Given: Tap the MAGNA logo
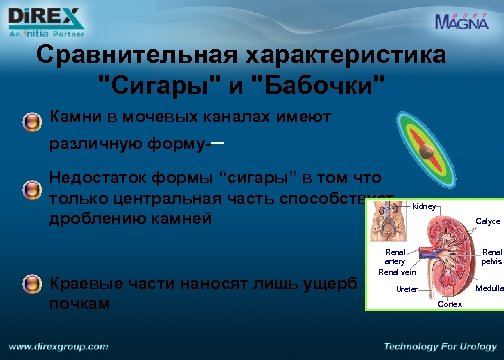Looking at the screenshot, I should point(463,20).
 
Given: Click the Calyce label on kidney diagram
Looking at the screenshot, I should point(488,221).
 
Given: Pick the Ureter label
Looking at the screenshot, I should point(407,288).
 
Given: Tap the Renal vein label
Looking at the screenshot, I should point(396,271).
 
